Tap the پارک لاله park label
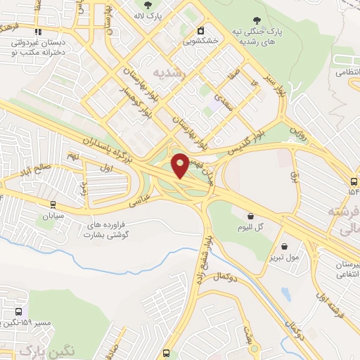pyautogui.click(x=148, y=15)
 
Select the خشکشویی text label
pyautogui.click(x=200, y=42)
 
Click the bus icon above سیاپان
pyautogui.click(x=53, y=205)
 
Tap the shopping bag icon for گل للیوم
pyautogui.click(x=252, y=216)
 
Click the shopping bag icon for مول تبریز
pyautogui.click(x=284, y=247)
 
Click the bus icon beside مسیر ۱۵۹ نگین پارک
pyautogui.click(x=18, y=311)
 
